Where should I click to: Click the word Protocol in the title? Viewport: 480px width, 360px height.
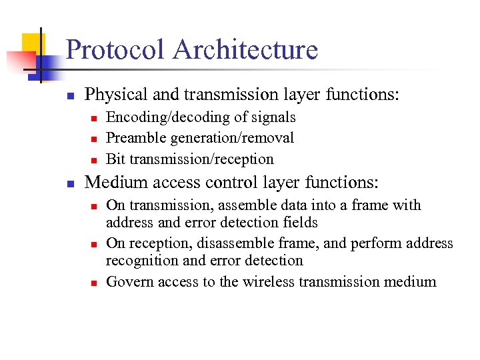click(x=115, y=50)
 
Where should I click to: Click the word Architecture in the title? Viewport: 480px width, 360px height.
click(x=245, y=50)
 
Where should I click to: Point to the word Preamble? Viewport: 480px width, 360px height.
click(x=136, y=138)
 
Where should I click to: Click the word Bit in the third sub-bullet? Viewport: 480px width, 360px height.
click(x=115, y=159)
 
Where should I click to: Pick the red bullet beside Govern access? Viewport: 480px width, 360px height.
click(x=94, y=283)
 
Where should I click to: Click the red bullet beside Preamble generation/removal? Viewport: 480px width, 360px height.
click(x=94, y=139)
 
